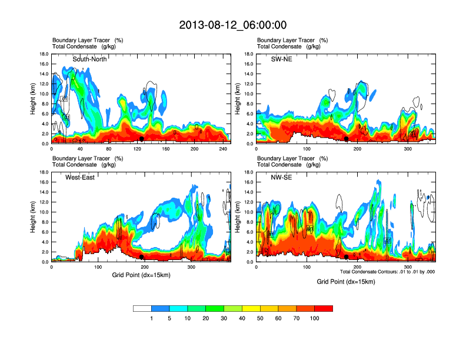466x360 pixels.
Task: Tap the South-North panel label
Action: [x=89, y=59]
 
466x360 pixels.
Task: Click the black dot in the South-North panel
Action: [x=142, y=139]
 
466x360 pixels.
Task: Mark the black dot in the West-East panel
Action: [x=141, y=257]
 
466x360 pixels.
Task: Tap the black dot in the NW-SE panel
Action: [x=347, y=257]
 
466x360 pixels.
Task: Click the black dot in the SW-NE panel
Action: [x=347, y=139]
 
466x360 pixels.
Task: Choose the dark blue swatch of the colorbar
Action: [x=161, y=308]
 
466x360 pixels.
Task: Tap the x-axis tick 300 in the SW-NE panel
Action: [x=408, y=149]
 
